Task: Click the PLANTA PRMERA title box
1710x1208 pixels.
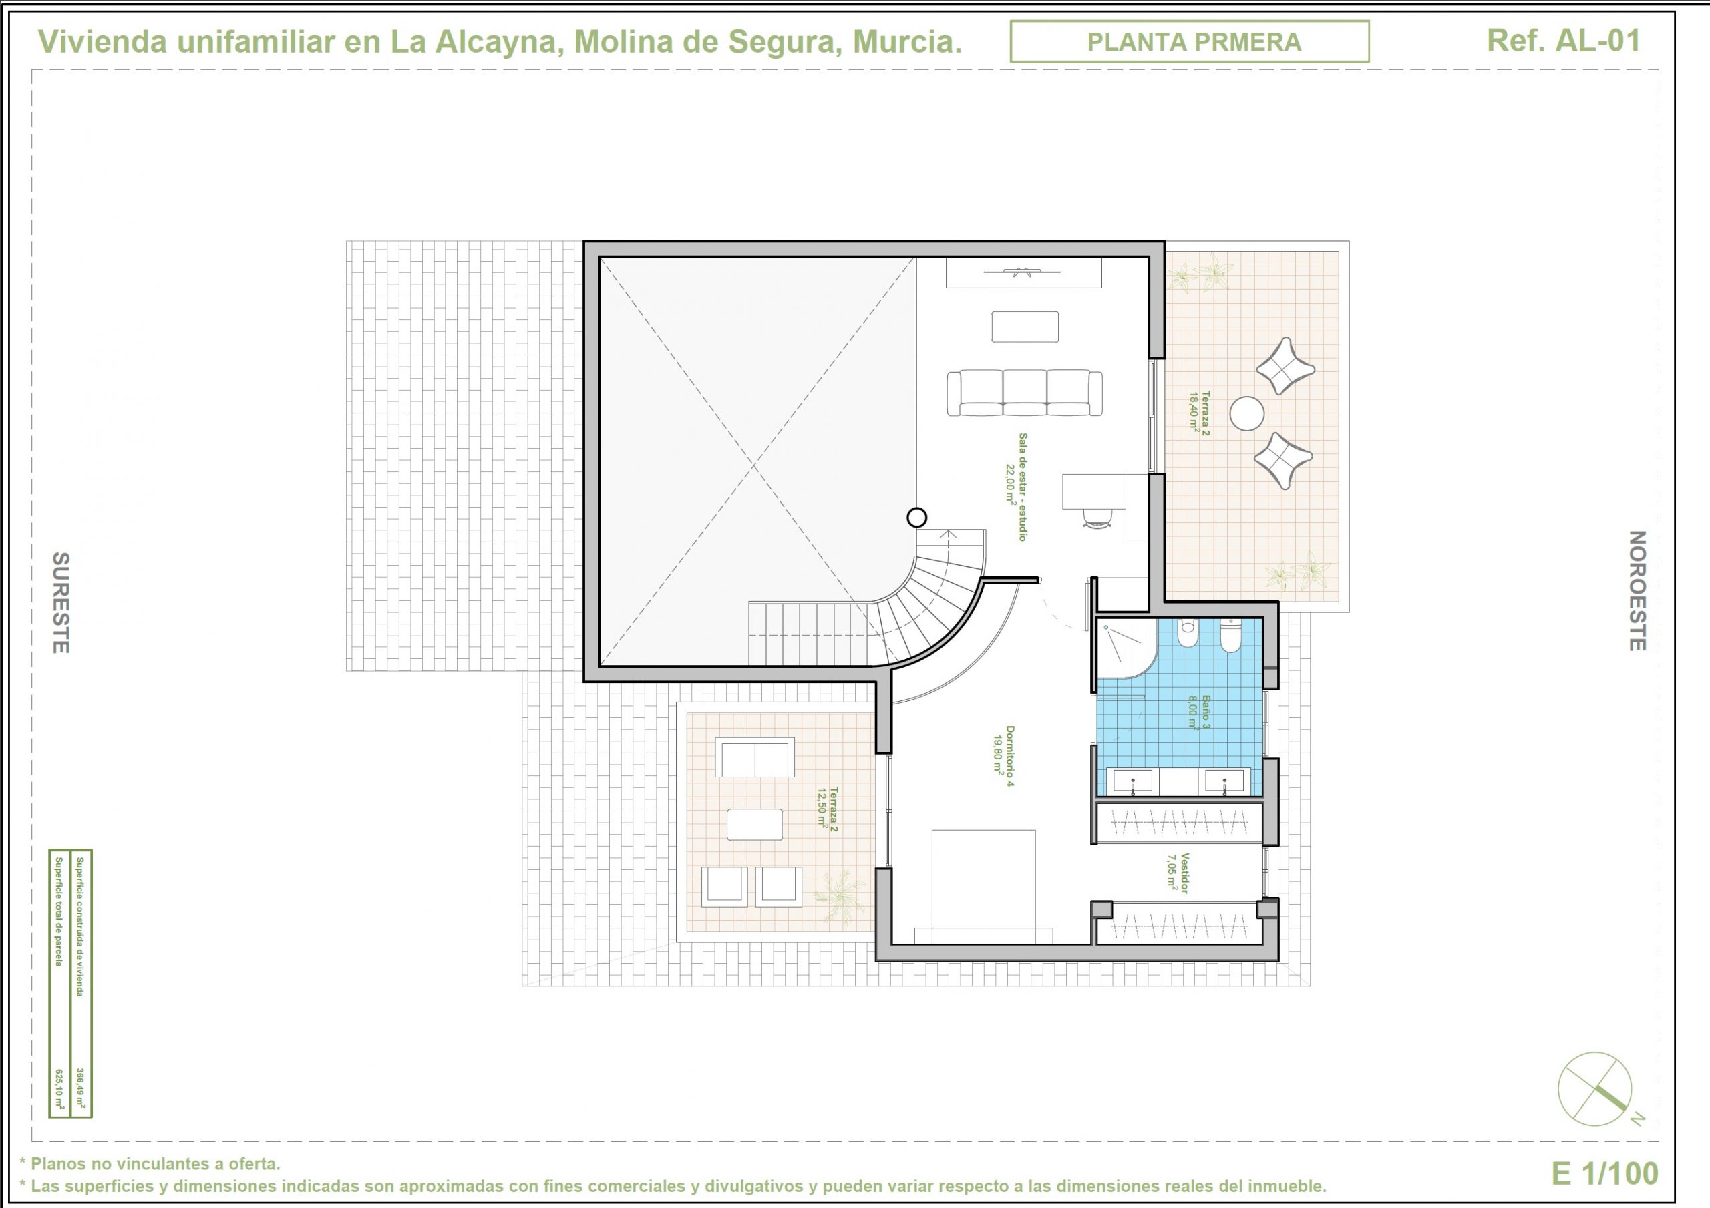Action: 1190,41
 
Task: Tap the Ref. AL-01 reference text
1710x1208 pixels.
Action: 1563,41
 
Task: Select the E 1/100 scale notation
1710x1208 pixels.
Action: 1605,1174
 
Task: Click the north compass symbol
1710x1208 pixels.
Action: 1595,1090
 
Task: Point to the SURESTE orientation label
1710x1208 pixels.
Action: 60,602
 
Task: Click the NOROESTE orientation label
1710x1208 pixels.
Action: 1637,590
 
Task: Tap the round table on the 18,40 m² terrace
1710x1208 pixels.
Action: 1246,413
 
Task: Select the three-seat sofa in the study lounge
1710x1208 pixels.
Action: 1025,393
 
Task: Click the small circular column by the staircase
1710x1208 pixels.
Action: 917,517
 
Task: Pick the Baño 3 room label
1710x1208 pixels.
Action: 1200,712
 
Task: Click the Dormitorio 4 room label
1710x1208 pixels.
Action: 1003,756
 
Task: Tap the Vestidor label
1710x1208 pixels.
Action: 1178,873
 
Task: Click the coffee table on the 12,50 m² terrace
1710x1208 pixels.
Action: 754,825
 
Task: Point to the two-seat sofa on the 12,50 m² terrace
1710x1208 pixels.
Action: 754,757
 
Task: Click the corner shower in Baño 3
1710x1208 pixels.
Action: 1126,648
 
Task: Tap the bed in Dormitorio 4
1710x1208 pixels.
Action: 983,887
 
